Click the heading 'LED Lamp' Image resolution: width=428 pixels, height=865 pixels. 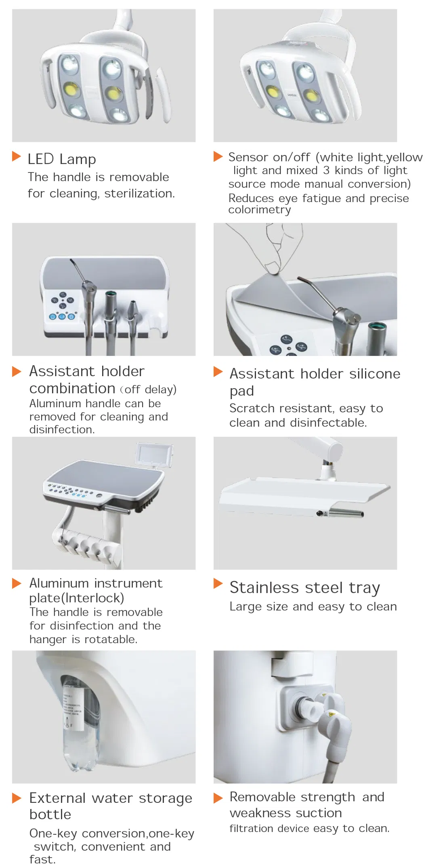pyautogui.click(x=62, y=159)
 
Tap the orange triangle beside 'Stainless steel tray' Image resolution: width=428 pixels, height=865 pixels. pyautogui.click(x=218, y=583)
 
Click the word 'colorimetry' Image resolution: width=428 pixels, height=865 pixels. pyautogui.click(x=260, y=210)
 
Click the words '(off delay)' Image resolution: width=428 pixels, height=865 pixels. pyautogui.click(x=149, y=389)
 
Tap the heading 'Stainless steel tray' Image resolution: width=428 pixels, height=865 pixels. pyautogui.click(x=305, y=587)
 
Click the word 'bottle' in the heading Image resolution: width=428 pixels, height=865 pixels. pyautogui.click(x=50, y=814)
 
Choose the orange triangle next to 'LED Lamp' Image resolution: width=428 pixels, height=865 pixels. pyautogui.click(x=17, y=156)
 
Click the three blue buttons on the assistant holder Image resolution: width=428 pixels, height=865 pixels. pyautogui.click(x=63, y=316)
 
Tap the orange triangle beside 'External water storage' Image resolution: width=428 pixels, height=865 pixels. pyautogui.click(x=17, y=798)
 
